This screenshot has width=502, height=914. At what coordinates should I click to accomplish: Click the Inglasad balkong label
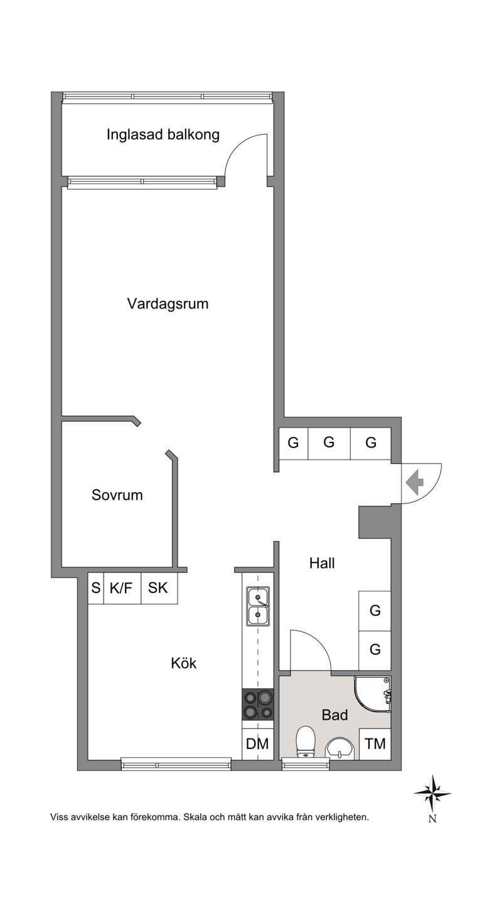163,135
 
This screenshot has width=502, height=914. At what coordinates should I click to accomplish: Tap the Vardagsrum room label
168,304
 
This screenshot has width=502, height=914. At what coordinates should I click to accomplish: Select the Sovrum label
117,495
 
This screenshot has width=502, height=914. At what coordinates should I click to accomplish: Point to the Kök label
183,663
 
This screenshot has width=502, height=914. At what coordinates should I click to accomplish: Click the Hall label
322,564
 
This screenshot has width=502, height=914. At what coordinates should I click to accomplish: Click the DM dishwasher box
257,744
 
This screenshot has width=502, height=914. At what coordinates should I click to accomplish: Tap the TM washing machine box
375,744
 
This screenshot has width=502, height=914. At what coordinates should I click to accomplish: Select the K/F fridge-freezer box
122,589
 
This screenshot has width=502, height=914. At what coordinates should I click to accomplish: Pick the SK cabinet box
159,589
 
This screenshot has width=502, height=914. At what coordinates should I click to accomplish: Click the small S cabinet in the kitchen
96,589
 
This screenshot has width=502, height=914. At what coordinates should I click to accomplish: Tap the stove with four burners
258,704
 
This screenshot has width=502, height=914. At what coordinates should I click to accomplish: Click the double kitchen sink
258,606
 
